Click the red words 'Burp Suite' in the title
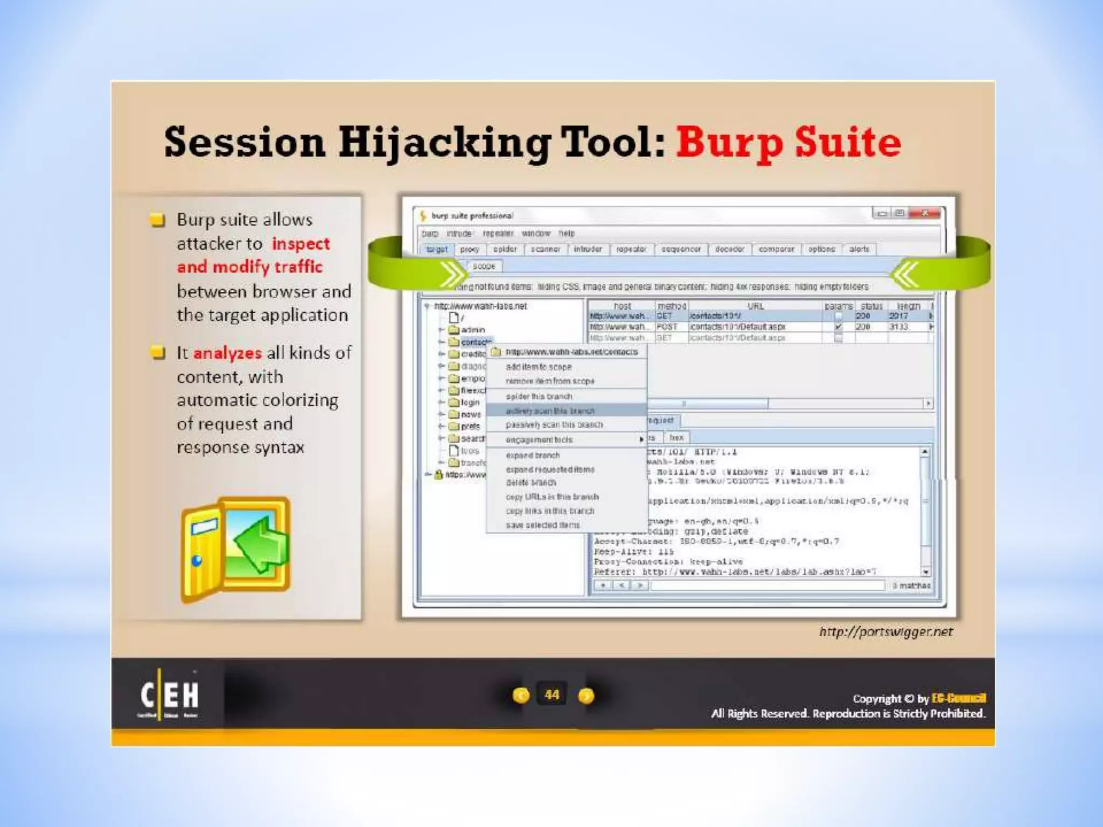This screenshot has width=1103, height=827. [x=788, y=142]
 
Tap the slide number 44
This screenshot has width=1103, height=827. [x=552, y=695]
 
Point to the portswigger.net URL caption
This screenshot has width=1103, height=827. [x=886, y=632]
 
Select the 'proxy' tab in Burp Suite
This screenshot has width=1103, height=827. [x=470, y=249]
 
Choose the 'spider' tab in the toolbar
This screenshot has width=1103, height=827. [x=505, y=249]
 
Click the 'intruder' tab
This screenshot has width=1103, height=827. [x=588, y=249]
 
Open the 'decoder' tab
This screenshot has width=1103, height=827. [x=729, y=249]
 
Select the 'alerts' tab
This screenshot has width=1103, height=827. [x=859, y=249]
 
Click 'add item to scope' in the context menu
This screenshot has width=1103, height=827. [x=539, y=367]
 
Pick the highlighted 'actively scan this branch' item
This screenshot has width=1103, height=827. [x=550, y=411]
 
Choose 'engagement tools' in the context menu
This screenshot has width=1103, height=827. [x=539, y=440]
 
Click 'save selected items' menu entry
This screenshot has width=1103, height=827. [x=543, y=525]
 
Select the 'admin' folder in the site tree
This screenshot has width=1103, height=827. [x=472, y=330]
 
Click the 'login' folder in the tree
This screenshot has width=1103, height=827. [x=470, y=402]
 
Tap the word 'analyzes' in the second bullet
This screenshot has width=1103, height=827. [x=227, y=353]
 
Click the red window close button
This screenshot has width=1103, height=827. [x=925, y=214]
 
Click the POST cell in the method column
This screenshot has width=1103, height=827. [x=667, y=327]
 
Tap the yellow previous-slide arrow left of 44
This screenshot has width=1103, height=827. [x=521, y=696]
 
